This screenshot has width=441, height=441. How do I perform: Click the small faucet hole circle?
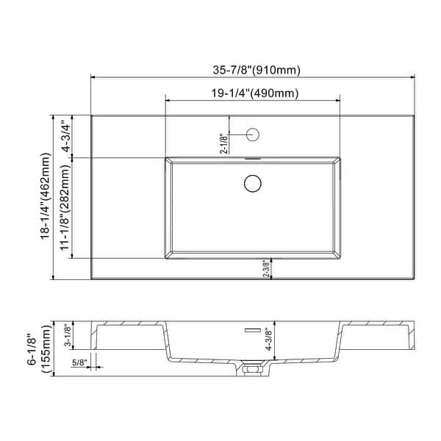[x=253, y=135]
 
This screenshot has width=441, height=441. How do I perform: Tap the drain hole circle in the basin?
[x=253, y=182]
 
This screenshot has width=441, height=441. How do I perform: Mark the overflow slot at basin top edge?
[x=253, y=157]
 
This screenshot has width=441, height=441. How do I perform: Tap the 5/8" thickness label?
[x=81, y=362]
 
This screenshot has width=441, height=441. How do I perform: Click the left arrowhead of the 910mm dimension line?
[x=93, y=76]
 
